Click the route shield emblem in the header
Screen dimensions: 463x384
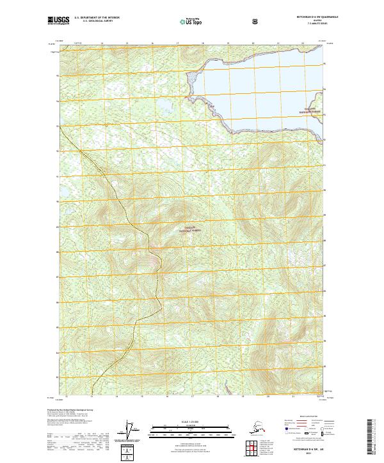[221, 22]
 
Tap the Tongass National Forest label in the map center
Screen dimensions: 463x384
[179, 229]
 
